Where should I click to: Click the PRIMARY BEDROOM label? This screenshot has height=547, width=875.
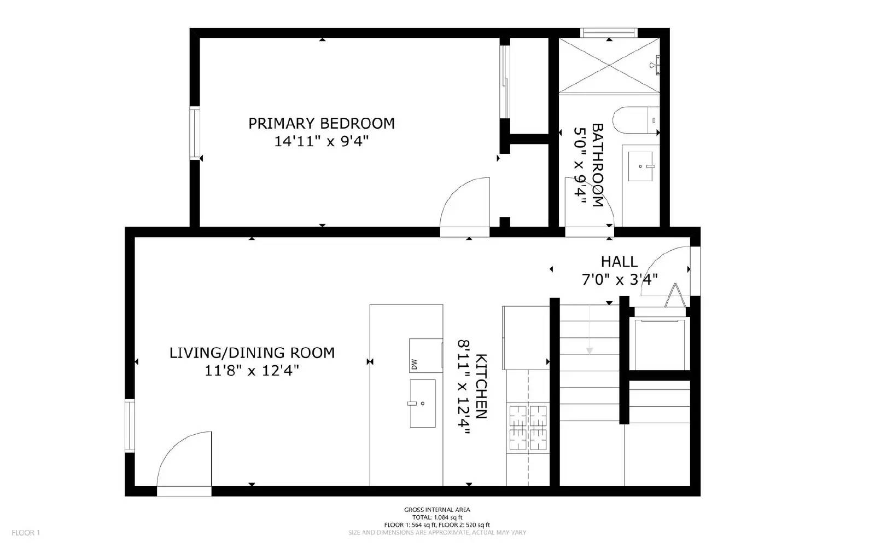click(322, 123)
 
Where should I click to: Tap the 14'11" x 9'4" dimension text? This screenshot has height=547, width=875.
click(322, 141)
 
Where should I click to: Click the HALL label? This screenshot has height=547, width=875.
click(619, 262)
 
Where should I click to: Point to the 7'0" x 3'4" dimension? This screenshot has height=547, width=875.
click(619, 280)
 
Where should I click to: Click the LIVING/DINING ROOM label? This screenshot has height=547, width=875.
click(252, 353)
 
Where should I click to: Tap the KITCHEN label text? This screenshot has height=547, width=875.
click(481, 386)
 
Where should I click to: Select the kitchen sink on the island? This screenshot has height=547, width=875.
click(422, 404)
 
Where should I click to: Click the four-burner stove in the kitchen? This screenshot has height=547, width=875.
click(528, 428)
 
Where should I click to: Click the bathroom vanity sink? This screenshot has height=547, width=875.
click(640, 166)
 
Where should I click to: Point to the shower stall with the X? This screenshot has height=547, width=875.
click(609, 65)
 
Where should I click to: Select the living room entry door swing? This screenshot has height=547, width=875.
click(185, 460)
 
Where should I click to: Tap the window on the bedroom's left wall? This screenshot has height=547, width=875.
click(195, 134)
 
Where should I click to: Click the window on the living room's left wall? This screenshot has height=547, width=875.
click(130, 426)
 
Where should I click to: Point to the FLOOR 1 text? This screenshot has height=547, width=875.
click(26, 533)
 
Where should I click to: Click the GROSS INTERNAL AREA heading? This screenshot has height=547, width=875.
click(437, 510)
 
